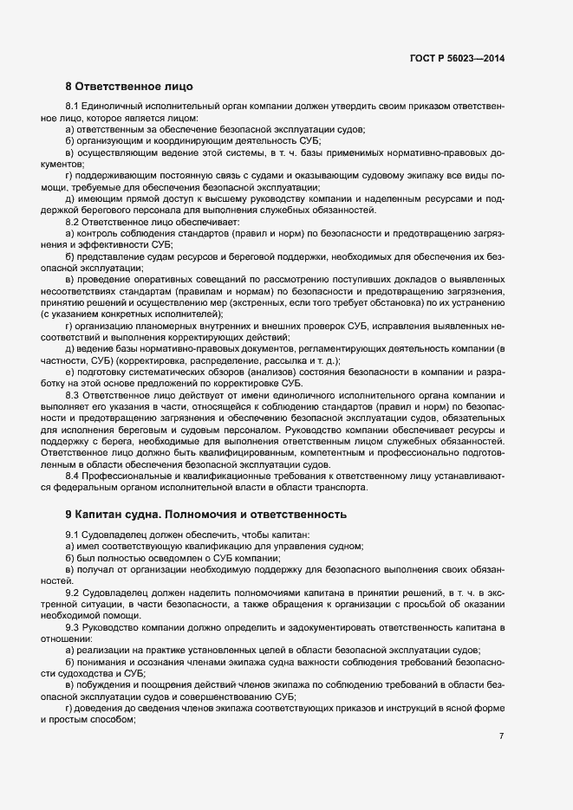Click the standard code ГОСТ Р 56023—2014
click(457, 58)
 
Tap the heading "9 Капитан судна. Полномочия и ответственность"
click(205, 513)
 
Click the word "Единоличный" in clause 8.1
click(112, 106)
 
